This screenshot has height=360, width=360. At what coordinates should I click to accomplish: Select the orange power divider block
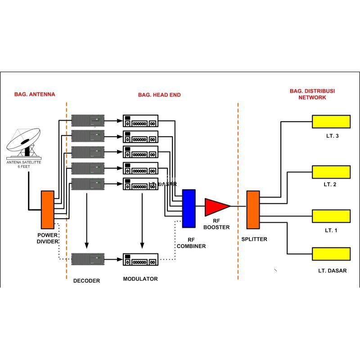pos(47,209)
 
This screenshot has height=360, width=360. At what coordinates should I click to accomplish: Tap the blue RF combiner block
pos(189,208)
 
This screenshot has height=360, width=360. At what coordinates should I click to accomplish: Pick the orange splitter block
pos(253,209)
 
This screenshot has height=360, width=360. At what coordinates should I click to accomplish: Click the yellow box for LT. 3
pos(331,121)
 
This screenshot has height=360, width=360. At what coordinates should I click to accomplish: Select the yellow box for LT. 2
pos(331,172)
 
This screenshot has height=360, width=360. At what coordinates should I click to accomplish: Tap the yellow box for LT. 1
pos(331,216)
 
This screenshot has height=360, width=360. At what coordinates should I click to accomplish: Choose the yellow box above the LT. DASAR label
pos(331,254)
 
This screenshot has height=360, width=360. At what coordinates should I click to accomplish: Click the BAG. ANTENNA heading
pos(35,94)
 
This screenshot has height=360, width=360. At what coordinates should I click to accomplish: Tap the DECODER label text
pos(86,281)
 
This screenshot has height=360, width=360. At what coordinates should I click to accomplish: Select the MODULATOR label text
pos(140,279)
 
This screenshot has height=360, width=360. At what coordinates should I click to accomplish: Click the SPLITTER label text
pos(254,239)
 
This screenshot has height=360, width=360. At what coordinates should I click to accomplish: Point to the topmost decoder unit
pos(88,120)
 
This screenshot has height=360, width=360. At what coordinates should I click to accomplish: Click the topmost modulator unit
pos(141,121)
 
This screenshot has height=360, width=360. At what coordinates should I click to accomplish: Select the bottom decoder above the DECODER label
pos(88,259)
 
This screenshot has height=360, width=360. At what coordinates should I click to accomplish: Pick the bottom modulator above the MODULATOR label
pos(141,259)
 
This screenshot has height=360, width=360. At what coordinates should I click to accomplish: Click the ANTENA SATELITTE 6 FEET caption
pos(23,165)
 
